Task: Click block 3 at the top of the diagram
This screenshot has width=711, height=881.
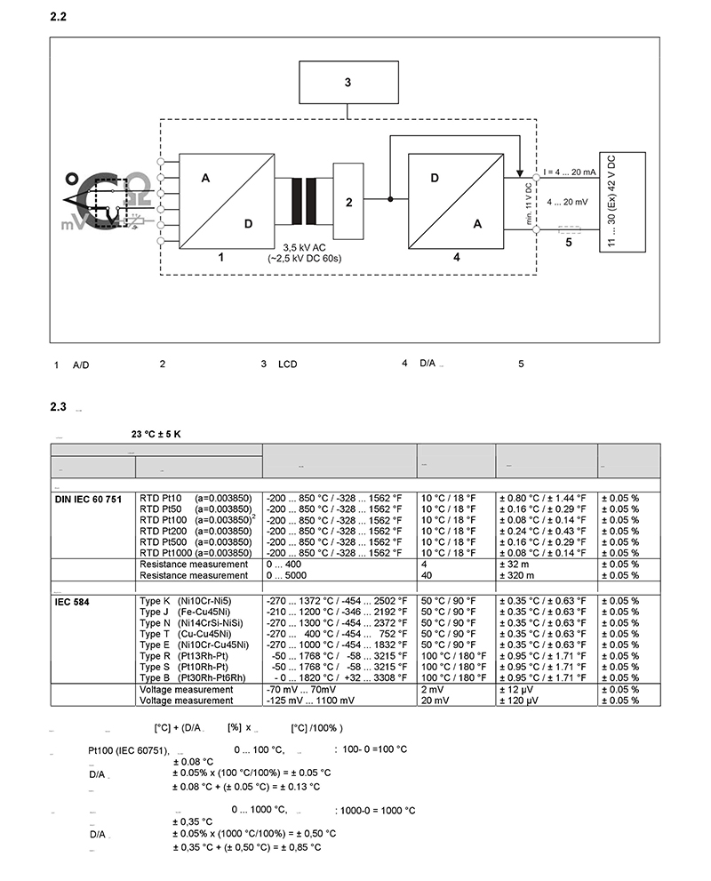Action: pyautogui.click(x=348, y=83)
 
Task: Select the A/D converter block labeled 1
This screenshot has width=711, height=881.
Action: pyautogui.click(x=227, y=199)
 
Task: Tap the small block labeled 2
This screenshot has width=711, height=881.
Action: pyautogui.click(x=348, y=201)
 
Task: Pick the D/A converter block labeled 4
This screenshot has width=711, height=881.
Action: pyautogui.click(x=456, y=200)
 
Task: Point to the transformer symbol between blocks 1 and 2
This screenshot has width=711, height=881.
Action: pyautogui.click(x=302, y=201)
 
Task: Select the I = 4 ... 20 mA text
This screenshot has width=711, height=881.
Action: pyautogui.click(x=570, y=172)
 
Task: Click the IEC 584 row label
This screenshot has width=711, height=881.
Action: pyautogui.click(x=74, y=601)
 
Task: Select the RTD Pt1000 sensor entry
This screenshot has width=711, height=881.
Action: pyautogui.click(x=196, y=553)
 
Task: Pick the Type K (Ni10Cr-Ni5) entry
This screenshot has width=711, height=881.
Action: pyautogui.click(x=184, y=601)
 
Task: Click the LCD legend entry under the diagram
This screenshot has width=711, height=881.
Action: pyautogui.click(x=287, y=364)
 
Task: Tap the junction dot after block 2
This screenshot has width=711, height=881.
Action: pyautogui.click(x=389, y=200)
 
